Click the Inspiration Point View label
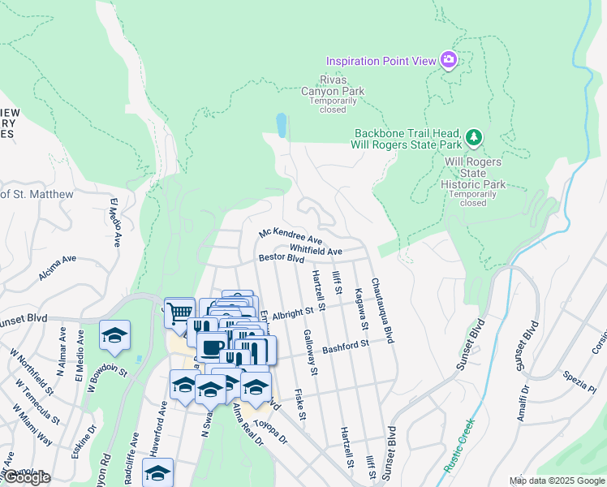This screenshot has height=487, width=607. click(x=380, y=61)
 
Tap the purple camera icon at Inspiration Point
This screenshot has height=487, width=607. click(x=448, y=59)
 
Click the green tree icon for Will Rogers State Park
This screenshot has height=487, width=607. click(x=474, y=139)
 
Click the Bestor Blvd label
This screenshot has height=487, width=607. click(x=281, y=258)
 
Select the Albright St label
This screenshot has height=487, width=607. click(x=292, y=312)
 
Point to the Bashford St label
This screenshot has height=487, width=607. click(x=346, y=347)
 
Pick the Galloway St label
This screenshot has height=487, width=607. click(x=308, y=347)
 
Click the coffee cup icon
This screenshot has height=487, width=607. click(x=211, y=347)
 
